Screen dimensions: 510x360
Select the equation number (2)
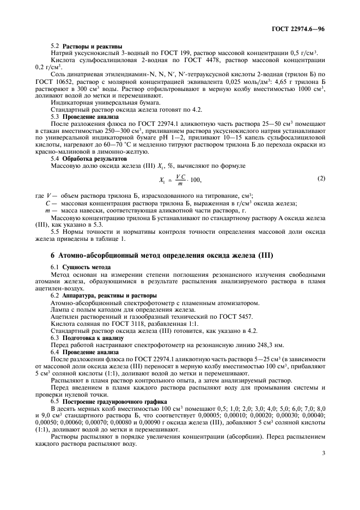click(321, 178)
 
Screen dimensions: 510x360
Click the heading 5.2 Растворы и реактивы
click(86, 46)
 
